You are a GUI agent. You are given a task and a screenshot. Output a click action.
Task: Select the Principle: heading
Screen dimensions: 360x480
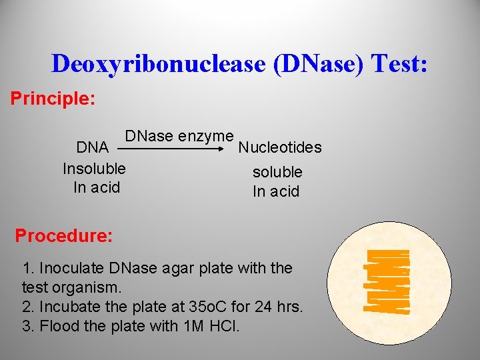(53, 99)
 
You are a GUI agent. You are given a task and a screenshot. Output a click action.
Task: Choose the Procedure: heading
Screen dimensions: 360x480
(64, 236)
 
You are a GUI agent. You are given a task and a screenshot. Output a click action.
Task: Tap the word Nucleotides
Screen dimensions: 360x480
(280, 147)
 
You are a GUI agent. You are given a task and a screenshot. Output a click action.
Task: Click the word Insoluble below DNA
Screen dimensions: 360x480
(94, 168)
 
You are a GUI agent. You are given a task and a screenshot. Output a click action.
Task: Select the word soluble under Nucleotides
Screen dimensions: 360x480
(277, 172)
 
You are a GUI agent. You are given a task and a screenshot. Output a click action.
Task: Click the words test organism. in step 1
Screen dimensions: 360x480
(72, 288)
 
